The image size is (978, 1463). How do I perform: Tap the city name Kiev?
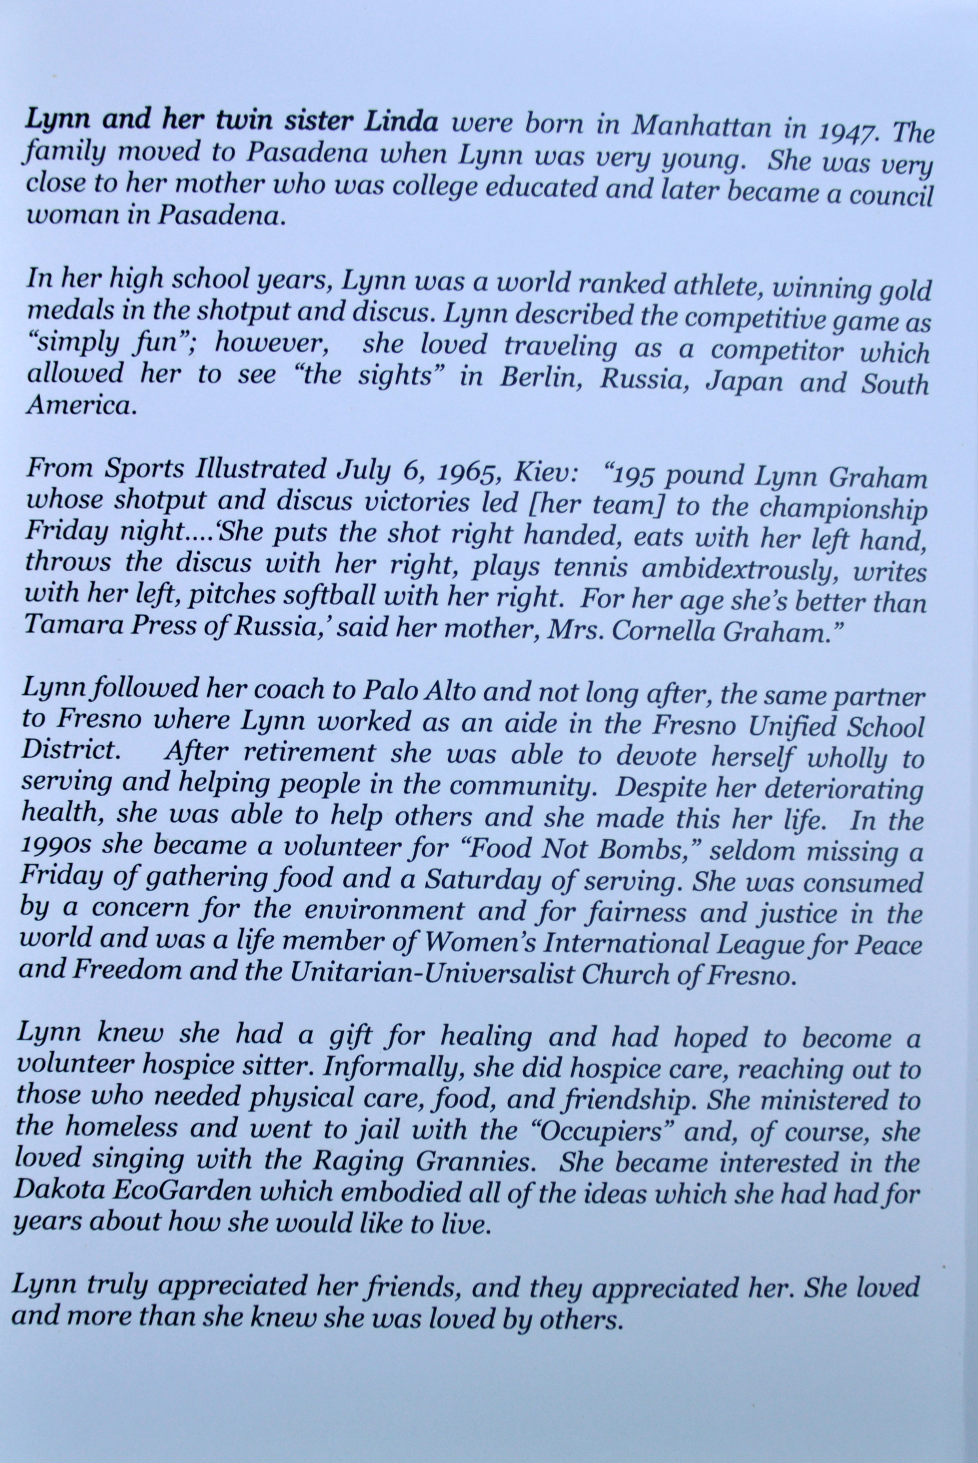pos(540,473)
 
